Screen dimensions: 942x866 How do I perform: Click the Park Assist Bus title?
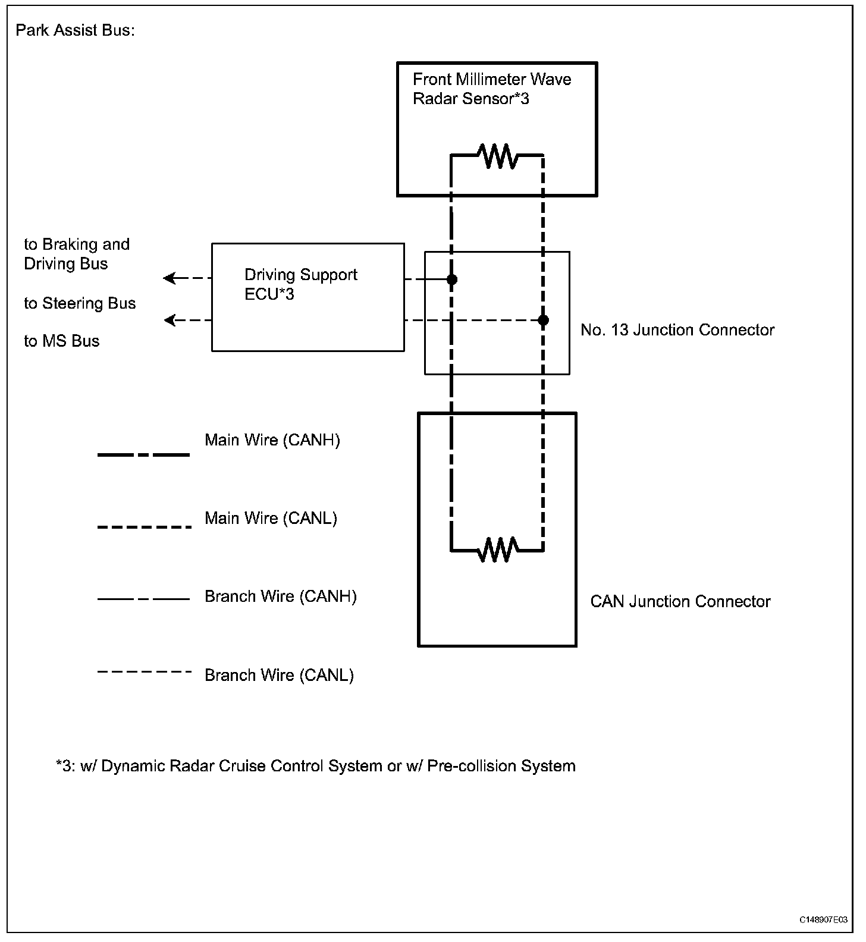(75, 30)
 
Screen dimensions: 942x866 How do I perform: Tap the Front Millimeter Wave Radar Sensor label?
(491, 89)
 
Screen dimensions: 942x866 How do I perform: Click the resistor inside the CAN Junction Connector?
(498, 549)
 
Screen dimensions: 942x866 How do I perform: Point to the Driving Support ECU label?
(300, 284)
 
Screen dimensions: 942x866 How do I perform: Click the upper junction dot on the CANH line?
(452, 279)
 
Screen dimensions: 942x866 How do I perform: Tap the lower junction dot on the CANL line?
(543, 321)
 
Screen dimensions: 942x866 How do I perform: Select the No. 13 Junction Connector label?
(677, 330)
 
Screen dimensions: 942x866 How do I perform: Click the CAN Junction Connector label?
(680, 602)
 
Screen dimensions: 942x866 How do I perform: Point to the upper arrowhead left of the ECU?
(170, 278)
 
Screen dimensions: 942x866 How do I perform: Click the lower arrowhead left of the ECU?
(170, 321)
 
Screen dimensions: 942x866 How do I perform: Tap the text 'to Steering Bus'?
(80, 303)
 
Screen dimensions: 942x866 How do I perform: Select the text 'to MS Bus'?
(61, 341)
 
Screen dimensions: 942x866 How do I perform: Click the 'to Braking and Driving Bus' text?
(76, 254)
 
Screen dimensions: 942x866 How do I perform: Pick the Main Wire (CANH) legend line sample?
(143, 455)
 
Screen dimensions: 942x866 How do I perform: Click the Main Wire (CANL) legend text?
(271, 518)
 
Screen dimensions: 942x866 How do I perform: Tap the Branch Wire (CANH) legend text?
(280, 596)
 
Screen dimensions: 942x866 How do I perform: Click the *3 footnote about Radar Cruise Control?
(315, 766)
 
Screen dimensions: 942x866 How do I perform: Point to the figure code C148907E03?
(823, 919)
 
